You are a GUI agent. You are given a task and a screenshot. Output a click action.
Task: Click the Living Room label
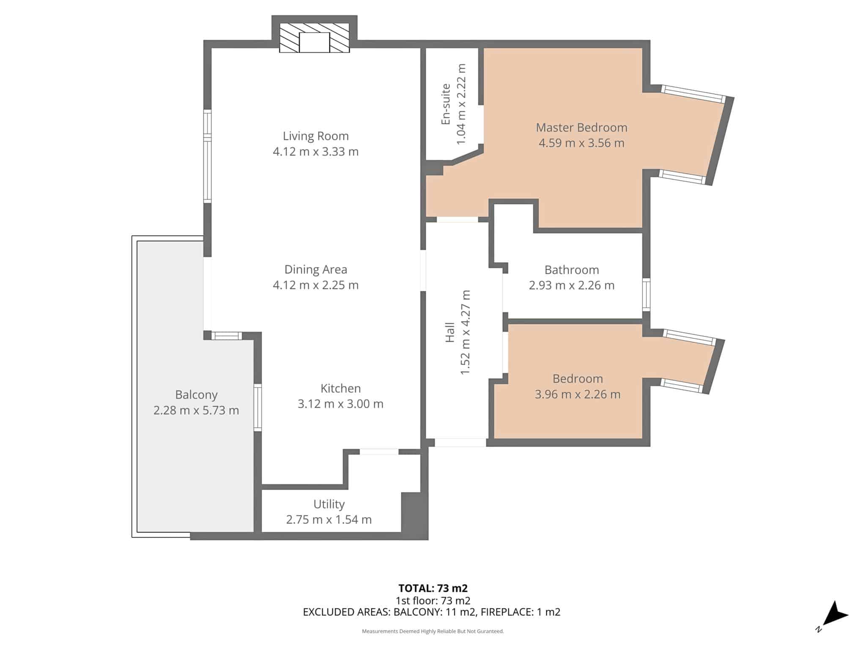pos(315,136)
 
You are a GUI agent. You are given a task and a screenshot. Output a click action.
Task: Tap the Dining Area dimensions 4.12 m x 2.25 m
pos(315,285)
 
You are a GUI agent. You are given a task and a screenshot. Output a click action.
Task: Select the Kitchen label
pos(340,388)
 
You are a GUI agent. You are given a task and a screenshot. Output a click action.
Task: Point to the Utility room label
pos(329,504)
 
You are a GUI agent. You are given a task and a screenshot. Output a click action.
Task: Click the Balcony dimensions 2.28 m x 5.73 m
pos(196,410)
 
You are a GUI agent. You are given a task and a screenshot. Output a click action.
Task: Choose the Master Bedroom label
pos(581,128)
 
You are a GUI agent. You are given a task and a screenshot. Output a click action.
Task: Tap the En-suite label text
pos(445,104)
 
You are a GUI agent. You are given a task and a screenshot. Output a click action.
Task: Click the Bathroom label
pos(572,270)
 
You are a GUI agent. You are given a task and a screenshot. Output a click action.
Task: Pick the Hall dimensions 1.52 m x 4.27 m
pos(465,332)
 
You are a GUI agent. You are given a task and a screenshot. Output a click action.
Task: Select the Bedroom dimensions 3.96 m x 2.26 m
pos(578,394)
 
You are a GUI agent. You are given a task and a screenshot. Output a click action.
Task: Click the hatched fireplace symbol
pos(314,38)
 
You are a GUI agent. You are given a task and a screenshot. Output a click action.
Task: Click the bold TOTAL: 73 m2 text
pos(433,588)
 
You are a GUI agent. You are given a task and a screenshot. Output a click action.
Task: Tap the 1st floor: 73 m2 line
pos(433,600)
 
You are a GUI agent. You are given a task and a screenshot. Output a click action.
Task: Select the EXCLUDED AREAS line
pos(432,612)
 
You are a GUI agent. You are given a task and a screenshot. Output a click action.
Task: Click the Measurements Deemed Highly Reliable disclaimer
pos(433,631)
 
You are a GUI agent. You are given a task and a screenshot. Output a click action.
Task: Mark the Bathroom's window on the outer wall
pos(646,295)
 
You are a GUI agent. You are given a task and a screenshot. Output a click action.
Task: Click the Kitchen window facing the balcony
pos(258,408)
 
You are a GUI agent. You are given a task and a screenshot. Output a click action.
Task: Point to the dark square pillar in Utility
pos(414,515)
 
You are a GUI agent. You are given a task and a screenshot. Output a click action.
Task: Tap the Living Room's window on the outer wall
pos(207,156)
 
